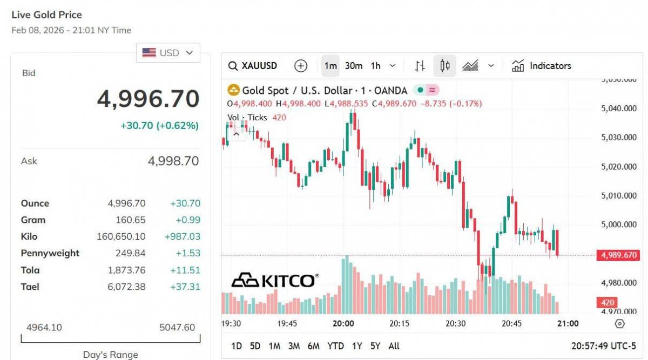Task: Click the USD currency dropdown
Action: coord(168,53)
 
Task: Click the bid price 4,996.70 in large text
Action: coord(148,99)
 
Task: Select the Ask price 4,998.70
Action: coord(173,161)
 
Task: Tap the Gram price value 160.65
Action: coord(130,220)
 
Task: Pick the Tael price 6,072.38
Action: coord(126,287)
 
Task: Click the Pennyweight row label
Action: coord(50,253)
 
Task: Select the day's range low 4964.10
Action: coord(44,328)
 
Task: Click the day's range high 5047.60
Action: coord(177,328)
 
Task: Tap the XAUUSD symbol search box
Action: coord(253,66)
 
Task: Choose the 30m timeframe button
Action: coord(354,66)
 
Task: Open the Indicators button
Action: coord(542,66)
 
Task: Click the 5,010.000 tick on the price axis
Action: coord(618,195)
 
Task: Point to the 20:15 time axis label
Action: coord(399,324)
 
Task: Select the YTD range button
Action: coord(335,346)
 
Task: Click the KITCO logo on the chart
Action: coord(275,280)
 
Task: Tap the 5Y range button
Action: coord(375,346)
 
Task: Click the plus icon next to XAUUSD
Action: coord(301,66)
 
